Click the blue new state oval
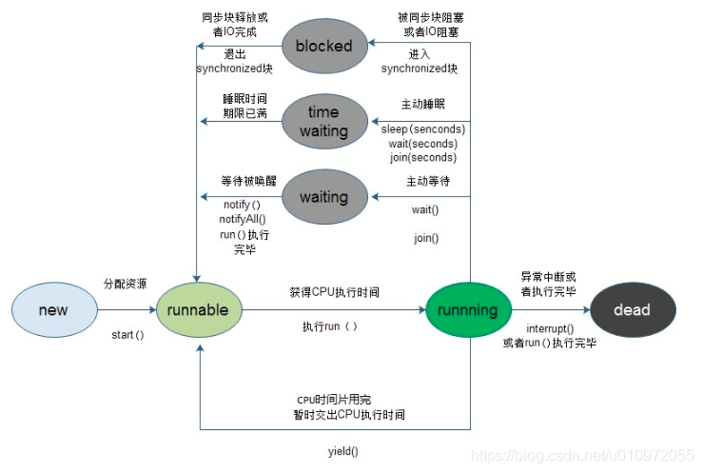click(x=53, y=310)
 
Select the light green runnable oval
click(x=198, y=310)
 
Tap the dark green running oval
click(x=467, y=310)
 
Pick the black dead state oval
click(x=632, y=310)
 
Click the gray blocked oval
click(x=323, y=46)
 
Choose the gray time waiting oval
click(x=323, y=122)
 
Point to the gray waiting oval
click(x=323, y=197)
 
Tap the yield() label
click(x=343, y=450)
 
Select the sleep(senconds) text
click(x=423, y=128)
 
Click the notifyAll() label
click(x=244, y=219)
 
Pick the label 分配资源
click(x=125, y=284)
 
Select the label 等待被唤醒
click(x=248, y=181)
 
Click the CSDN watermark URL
click(x=585, y=458)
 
